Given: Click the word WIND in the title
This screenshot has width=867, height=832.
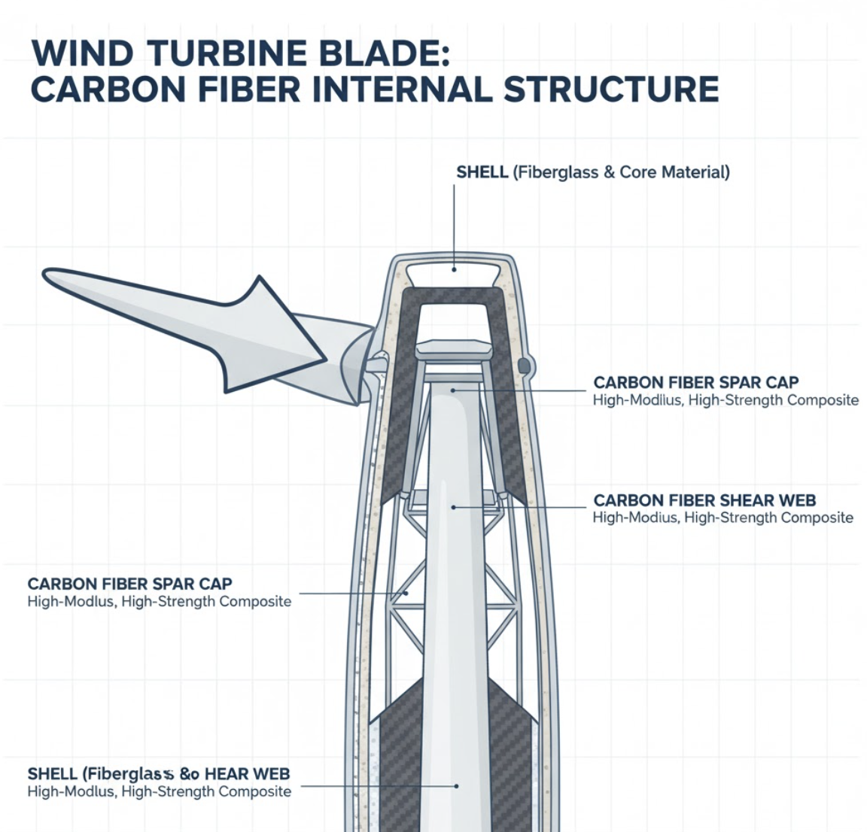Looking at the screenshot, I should pyautogui.click(x=84, y=53).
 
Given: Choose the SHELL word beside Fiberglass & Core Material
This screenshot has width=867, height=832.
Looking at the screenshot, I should pyautogui.click(x=482, y=172).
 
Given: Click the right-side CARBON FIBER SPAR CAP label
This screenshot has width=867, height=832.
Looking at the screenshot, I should pyautogui.click(x=695, y=382).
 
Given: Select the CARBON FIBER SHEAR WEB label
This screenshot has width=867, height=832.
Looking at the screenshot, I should pyautogui.click(x=704, y=500).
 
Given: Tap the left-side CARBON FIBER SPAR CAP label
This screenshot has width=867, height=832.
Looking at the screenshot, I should pyautogui.click(x=129, y=584).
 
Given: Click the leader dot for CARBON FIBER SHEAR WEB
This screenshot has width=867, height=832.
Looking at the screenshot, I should pyautogui.click(x=453, y=507).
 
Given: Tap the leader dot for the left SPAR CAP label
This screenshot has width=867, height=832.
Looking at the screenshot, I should pyautogui.click(x=406, y=594).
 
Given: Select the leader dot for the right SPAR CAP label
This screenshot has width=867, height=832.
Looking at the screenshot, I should pyautogui.click(x=454, y=390).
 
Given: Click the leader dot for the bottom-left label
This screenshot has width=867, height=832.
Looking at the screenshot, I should pyautogui.click(x=456, y=785).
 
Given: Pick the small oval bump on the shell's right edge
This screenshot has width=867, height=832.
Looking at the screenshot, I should pyautogui.click(x=525, y=366).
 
